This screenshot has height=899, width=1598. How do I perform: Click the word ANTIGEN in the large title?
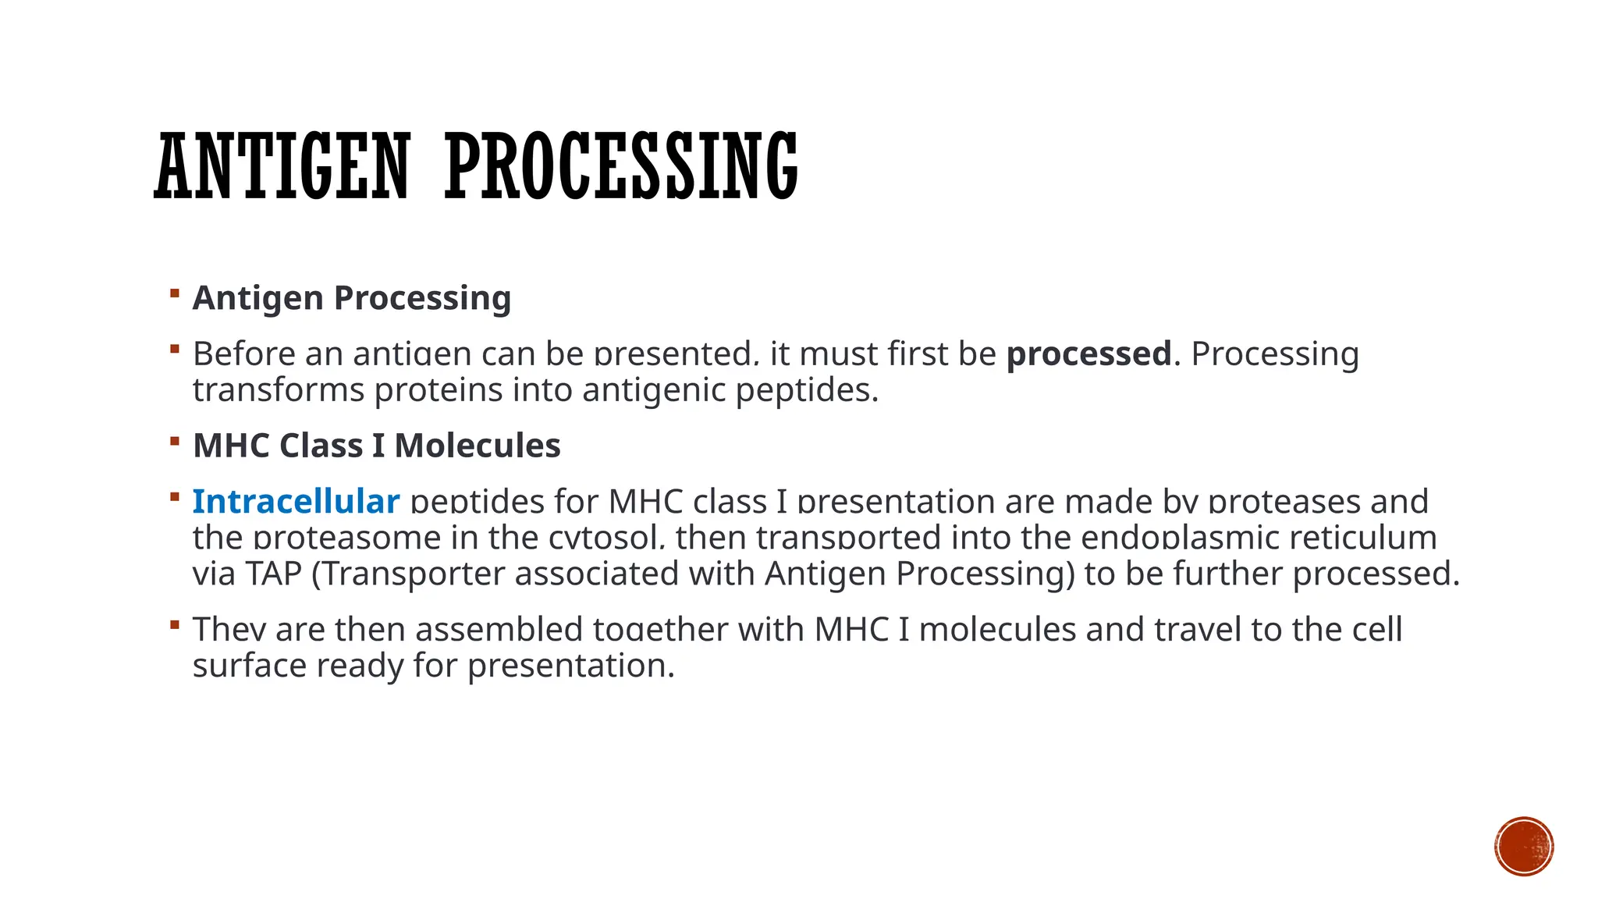(282, 166)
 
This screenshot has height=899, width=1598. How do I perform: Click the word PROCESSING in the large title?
(621, 166)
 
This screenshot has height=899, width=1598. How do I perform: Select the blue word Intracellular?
(296, 501)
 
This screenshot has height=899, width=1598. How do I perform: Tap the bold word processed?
(1088, 354)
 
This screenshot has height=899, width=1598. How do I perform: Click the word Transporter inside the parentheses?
(413, 574)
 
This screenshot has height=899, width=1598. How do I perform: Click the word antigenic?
(654, 390)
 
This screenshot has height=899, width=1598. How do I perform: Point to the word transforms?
(278, 390)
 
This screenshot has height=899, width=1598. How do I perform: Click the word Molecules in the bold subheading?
(477, 446)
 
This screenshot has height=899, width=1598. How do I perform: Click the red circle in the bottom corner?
(1524, 846)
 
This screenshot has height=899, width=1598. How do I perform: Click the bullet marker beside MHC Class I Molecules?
(175, 441)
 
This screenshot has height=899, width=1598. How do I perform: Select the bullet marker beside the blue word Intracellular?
(175, 496)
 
